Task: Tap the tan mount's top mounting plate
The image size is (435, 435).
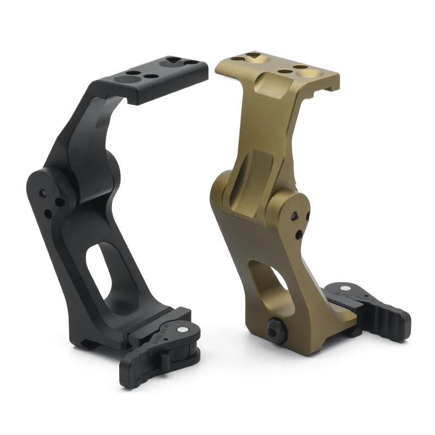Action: pos(277,68)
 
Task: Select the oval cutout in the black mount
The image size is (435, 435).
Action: pos(111,272)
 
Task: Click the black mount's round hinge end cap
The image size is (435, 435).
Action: pos(46,190)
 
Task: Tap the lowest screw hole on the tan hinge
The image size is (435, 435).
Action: pos(298,234)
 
